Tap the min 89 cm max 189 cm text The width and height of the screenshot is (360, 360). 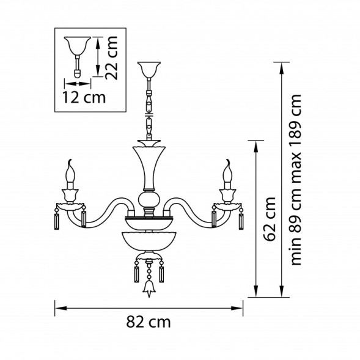pyautogui.click(x=297, y=178)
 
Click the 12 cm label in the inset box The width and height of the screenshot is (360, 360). pyautogui.click(x=84, y=97)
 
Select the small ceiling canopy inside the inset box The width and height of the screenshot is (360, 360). pyautogui.click(x=77, y=45)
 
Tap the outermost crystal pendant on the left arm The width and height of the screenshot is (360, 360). pyautogui.click(x=56, y=219)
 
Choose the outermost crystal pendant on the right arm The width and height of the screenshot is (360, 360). pyautogui.click(x=241, y=219)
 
